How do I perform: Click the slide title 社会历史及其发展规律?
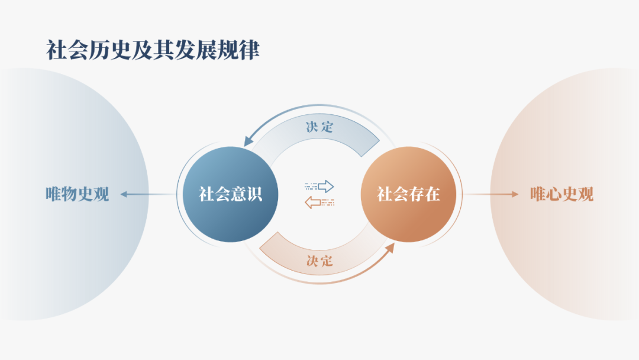click(x=153, y=50)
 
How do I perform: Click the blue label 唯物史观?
click(x=78, y=194)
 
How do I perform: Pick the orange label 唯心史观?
click(x=561, y=194)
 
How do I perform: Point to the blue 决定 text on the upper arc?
click(x=319, y=127)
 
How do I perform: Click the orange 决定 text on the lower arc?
click(x=319, y=261)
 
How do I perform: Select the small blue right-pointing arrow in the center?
click(x=320, y=187)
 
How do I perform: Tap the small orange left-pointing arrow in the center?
click(x=319, y=203)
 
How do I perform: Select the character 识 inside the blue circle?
click(x=254, y=194)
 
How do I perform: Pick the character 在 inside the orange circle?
click(x=432, y=194)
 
